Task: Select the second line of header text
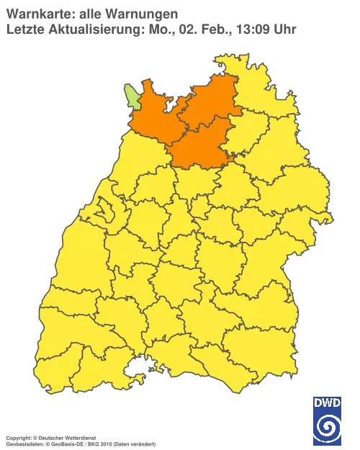(x=151, y=28)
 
